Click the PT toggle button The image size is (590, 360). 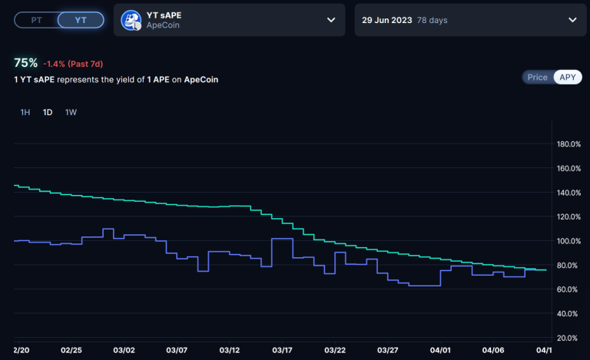[36, 21]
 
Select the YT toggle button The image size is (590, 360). [80, 21]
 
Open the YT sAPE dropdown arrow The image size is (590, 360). [331, 21]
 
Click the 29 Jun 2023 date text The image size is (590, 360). [386, 21]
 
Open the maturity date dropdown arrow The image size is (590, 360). [572, 21]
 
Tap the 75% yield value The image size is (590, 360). [25, 63]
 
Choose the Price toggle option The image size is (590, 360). [538, 78]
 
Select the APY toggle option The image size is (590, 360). [568, 78]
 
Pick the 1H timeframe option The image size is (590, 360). [25, 112]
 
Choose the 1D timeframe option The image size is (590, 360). [48, 112]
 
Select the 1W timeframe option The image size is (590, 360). [71, 112]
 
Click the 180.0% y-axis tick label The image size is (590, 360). [568, 144]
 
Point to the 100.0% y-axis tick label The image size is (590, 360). [568, 241]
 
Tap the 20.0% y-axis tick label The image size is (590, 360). [568, 338]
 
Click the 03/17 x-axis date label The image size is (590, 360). [282, 350]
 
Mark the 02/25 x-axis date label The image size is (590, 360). [71, 350]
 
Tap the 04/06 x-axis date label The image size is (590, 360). [493, 350]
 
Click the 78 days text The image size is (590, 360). [432, 21]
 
